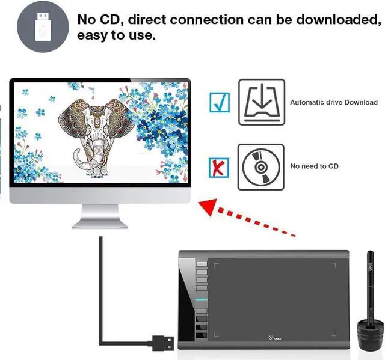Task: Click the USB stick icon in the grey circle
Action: click(x=43, y=26)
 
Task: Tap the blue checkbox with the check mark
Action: click(x=220, y=102)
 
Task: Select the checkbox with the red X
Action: click(x=219, y=168)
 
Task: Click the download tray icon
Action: click(x=262, y=102)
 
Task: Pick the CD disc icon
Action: click(x=261, y=167)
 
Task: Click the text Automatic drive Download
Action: click(x=334, y=102)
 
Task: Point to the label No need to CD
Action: click(x=314, y=166)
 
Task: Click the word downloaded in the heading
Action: click(x=339, y=20)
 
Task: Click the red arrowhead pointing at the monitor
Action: click(x=209, y=207)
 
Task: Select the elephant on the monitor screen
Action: click(x=96, y=138)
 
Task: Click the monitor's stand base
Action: click(x=100, y=224)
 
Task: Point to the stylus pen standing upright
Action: click(x=371, y=287)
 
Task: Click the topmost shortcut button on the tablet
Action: click(x=202, y=264)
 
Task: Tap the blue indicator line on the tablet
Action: click(x=202, y=300)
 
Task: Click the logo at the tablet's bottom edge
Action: click(x=275, y=338)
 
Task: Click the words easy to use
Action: click(x=116, y=35)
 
